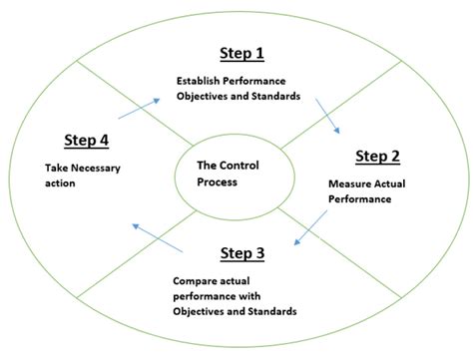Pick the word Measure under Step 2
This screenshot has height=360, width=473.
350,183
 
